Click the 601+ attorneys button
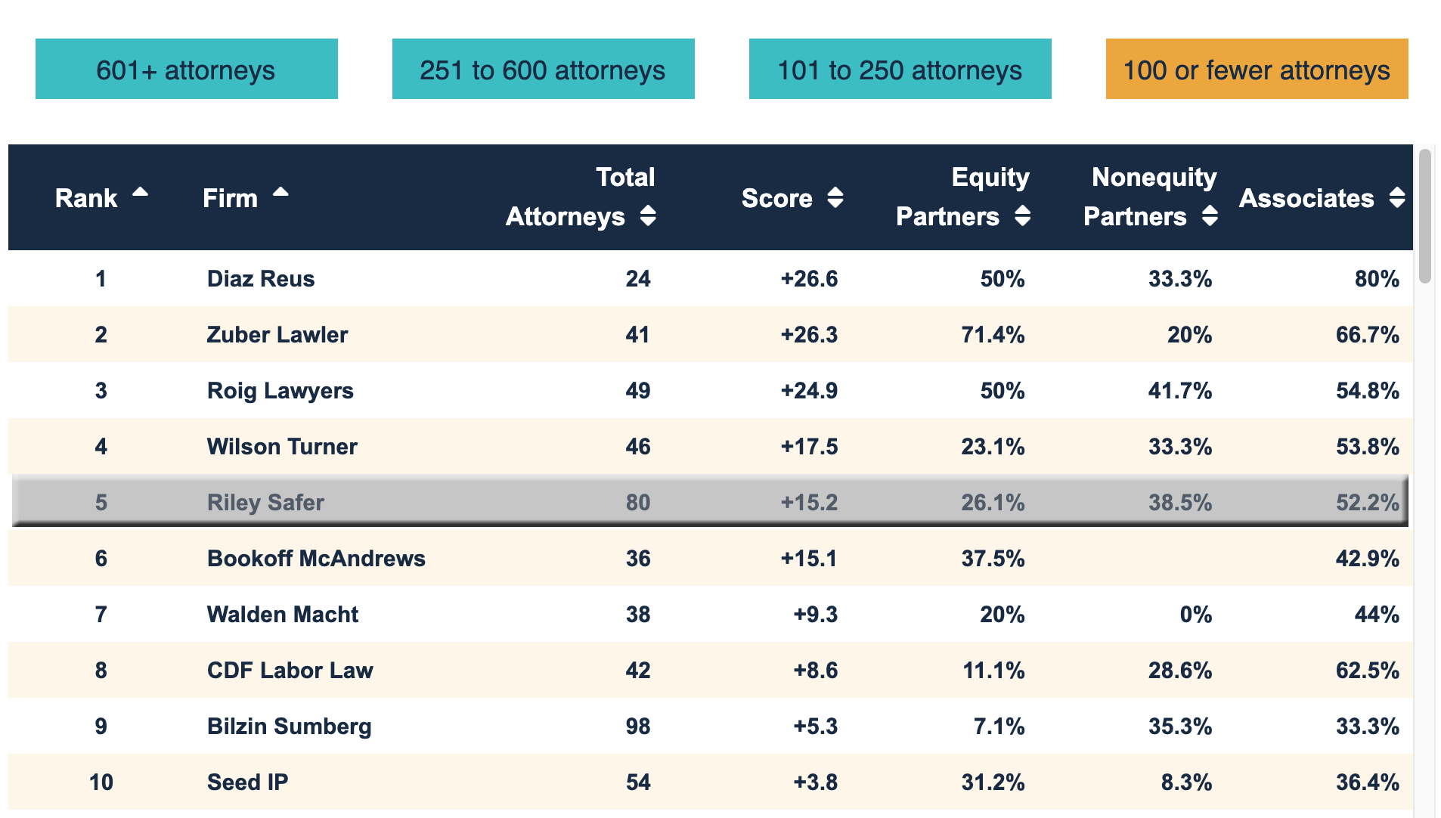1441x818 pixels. click(186, 70)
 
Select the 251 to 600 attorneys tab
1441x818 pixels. click(543, 70)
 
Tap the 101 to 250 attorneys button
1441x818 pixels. click(900, 70)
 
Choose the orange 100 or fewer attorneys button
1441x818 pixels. click(1257, 70)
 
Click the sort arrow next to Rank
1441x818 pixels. click(140, 193)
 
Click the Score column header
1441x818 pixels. click(776, 198)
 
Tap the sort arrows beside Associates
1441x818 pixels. click(1396, 198)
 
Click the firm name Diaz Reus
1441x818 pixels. click(261, 279)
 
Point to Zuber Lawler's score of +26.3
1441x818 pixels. click(809, 335)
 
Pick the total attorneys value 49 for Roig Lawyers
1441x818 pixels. click(637, 391)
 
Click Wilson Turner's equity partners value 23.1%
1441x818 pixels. click(993, 447)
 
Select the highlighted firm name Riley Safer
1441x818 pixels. click(265, 503)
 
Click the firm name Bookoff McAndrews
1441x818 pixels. click(316, 559)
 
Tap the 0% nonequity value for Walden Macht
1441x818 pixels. click(1195, 615)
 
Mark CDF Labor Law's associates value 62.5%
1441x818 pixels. click(1367, 671)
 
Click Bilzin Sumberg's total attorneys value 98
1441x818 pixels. click(637, 727)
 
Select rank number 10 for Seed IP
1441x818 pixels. click(101, 782)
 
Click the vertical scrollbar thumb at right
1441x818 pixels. click(1424, 215)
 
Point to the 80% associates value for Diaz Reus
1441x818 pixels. click(1376, 279)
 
